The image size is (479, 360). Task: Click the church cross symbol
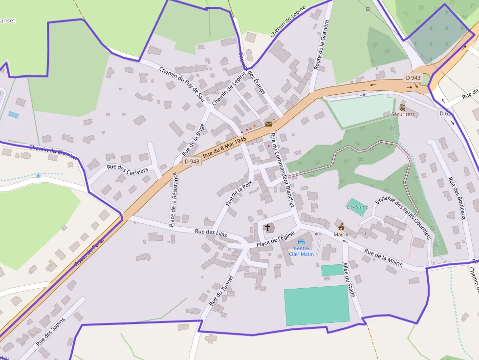coord(267,228)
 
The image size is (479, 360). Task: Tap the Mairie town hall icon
coord(341,227)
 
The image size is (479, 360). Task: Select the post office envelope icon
coord(268,124)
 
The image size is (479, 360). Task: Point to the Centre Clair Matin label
coord(302,251)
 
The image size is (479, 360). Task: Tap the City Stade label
coord(357,207)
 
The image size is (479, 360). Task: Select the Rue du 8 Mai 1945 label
coord(224,147)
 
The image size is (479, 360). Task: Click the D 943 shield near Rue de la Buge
coord(192,161)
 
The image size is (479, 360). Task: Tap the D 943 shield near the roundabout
coord(413,78)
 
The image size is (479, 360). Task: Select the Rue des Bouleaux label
coord(457,198)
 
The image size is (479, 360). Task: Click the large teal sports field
coord(317,305)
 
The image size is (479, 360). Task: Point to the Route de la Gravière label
coord(321,45)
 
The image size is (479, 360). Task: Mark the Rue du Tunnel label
coord(221,291)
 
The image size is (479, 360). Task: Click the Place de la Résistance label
coord(173,200)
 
